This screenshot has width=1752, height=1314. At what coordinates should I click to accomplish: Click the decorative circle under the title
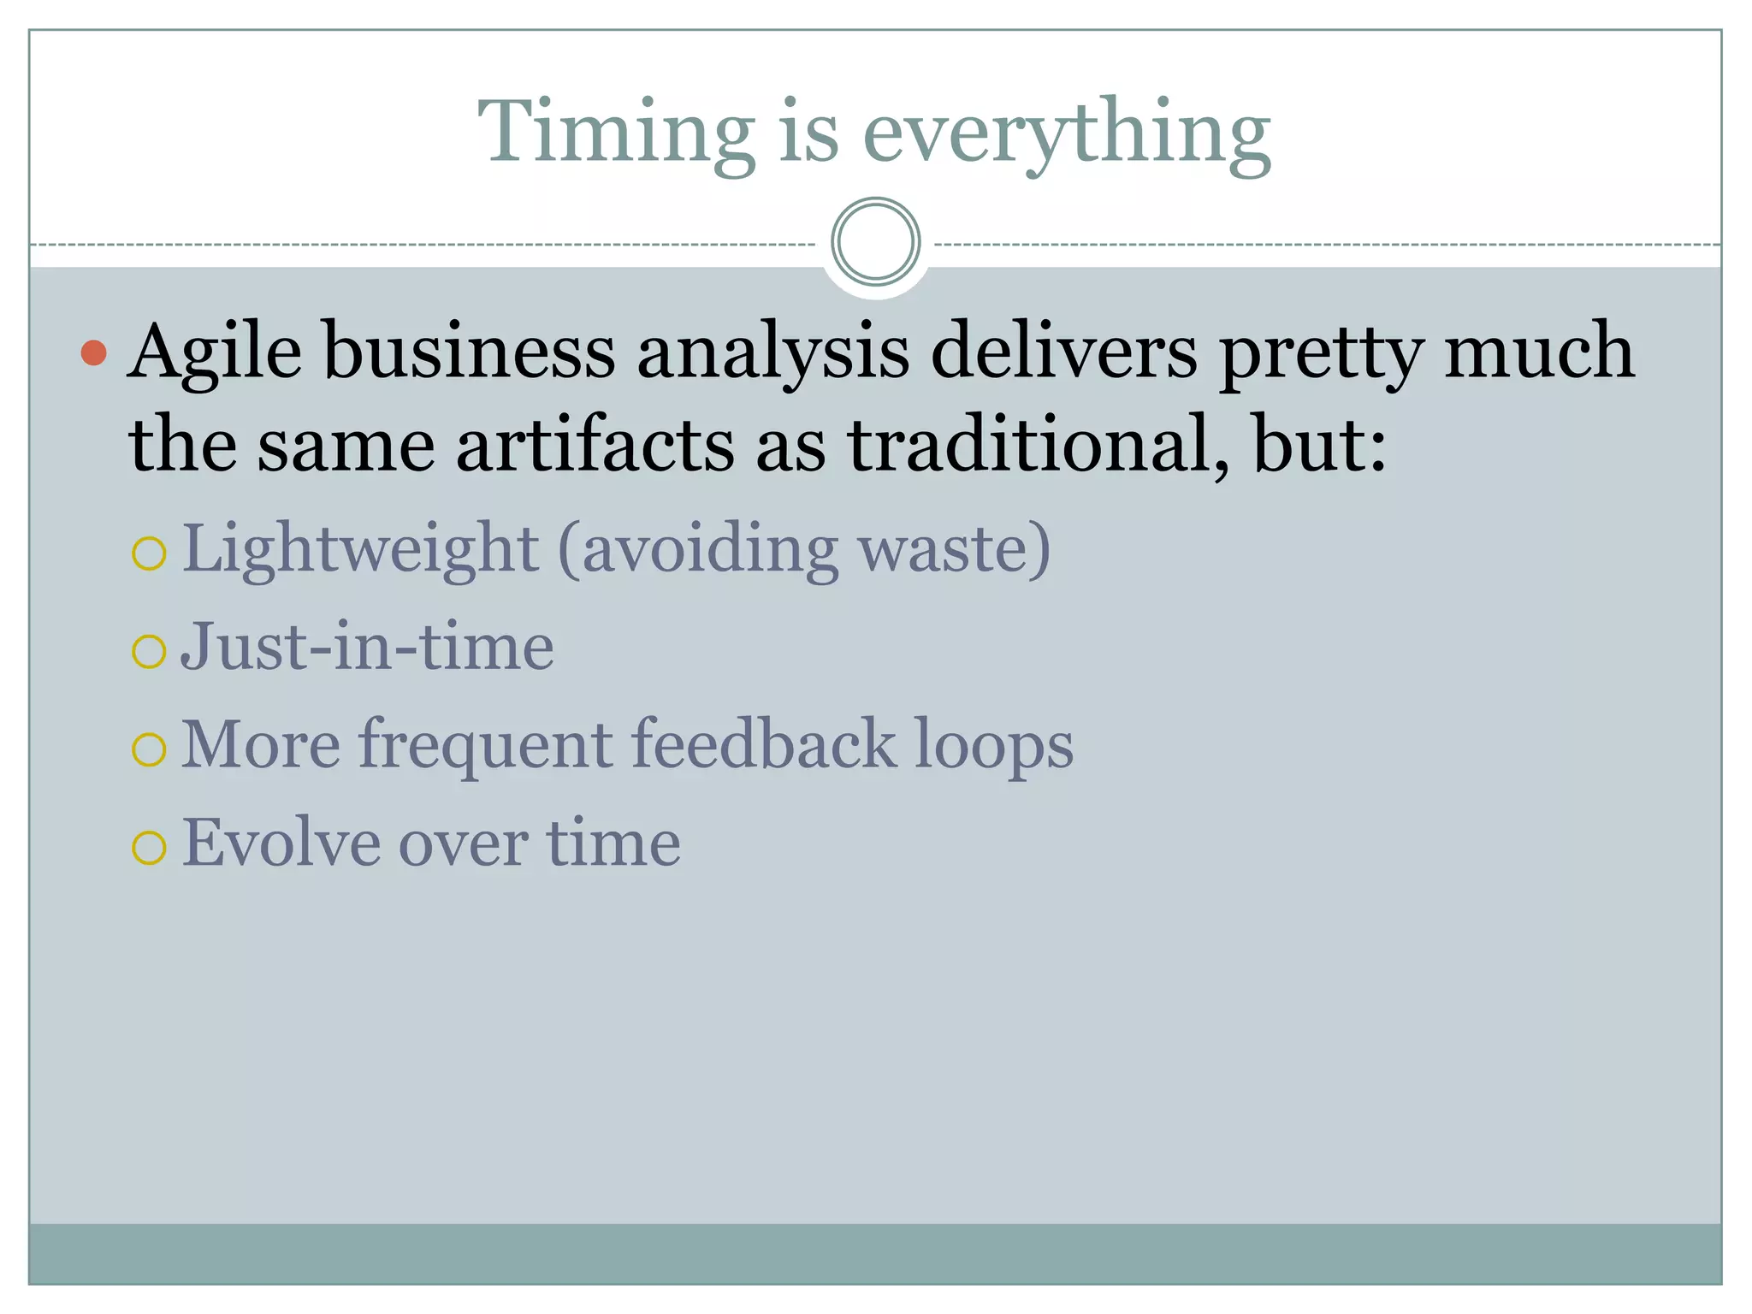pyautogui.click(x=875, y=242)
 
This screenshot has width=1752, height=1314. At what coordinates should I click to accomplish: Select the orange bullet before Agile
pyautogui.click(x=93, y=352)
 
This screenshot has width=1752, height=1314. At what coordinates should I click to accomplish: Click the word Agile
pyautogui.click(x=215, y=352)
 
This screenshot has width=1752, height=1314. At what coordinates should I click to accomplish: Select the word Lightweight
pyautogui.click(x=360, y=549)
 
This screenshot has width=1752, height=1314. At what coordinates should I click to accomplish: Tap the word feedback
pyautogui.click(x=764, y=744)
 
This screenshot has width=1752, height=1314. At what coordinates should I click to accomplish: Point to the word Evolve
pyautogui.click(x=281, y=843)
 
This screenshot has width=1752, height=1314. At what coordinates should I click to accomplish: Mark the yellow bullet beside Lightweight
pyautogui.click(x=149, y=553)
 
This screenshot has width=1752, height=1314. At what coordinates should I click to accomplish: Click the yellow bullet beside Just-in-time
pyautogui.click(x=149, y=652)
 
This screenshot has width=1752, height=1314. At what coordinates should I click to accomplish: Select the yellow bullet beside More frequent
pyautogui.click(x=149, y=750)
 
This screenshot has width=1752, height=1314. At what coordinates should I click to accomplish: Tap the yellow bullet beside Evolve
pyautogui.click(x=149, y=848)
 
